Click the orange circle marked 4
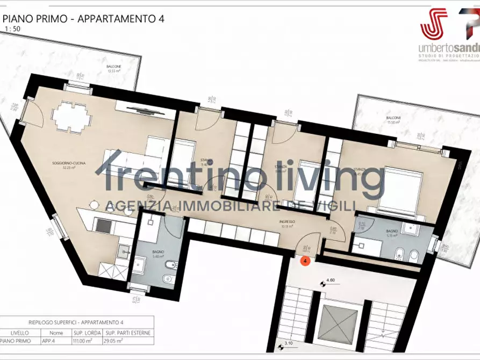click(x=305, y=262)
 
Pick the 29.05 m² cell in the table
click(x=134, y=341)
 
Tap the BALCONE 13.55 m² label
click(x=114, y=68)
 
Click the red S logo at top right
click(x=434, y=24)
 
